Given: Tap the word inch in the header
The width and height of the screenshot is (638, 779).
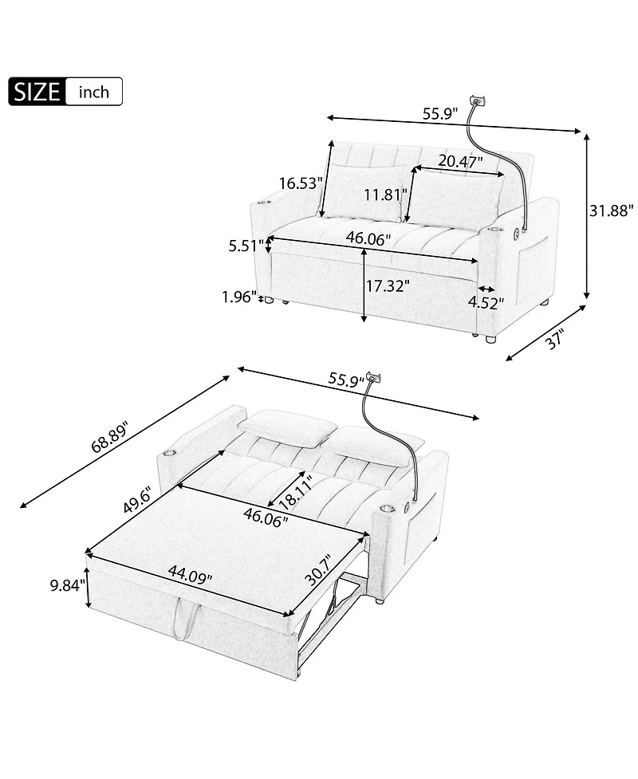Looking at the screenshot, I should (94, 92).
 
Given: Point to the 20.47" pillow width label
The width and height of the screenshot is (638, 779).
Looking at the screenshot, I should (461, 161).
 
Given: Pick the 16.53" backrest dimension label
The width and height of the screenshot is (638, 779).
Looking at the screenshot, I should (300, 183).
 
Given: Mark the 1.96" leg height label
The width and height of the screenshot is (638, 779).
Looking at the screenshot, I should (239, 298).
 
